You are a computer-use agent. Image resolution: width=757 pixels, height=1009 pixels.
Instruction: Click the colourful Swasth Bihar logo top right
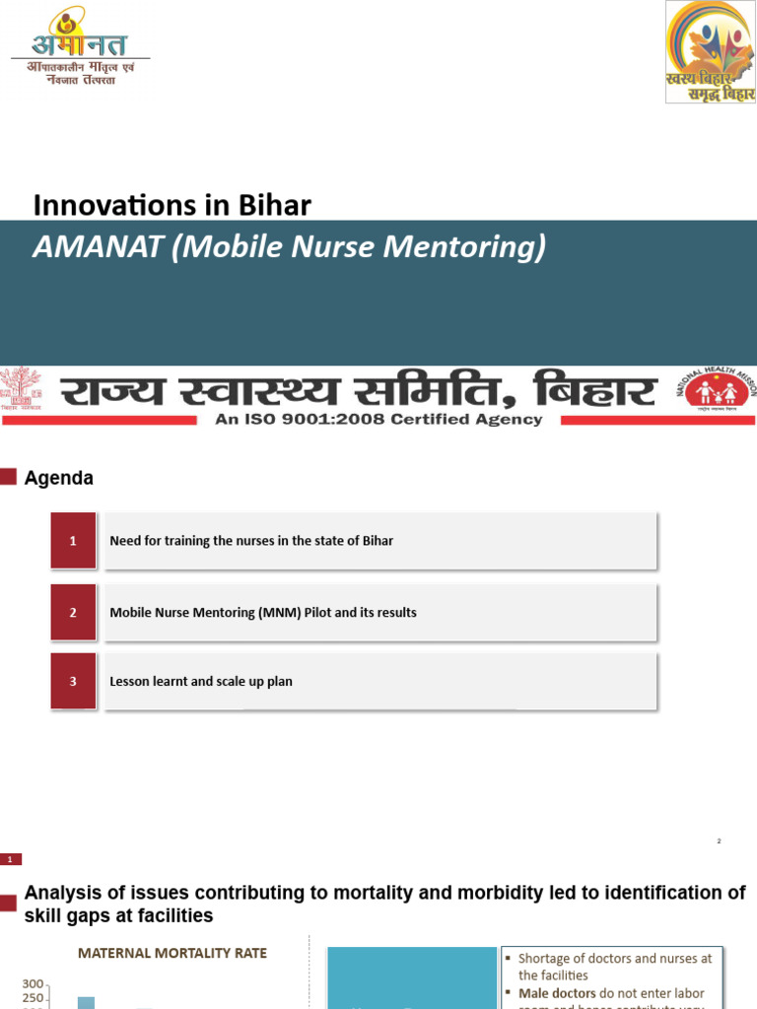click(710, 52)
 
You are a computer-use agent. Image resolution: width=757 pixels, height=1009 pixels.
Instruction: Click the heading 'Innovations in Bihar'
click(172, 205)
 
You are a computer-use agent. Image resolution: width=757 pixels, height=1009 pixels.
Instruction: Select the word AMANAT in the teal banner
click(98, 246)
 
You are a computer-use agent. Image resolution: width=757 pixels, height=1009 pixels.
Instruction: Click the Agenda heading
click(59, 478)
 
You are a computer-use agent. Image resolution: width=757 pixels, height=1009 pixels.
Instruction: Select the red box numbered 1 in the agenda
click(73, 541)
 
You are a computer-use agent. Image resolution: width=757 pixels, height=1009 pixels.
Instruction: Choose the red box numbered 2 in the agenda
click(73, 612)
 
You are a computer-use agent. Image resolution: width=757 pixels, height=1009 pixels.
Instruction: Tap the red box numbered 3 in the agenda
click(73, 681)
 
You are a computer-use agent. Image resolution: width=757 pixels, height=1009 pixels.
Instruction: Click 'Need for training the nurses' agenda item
click(251, 541)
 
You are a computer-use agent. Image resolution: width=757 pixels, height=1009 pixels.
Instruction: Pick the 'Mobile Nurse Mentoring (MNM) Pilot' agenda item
click(263, 612)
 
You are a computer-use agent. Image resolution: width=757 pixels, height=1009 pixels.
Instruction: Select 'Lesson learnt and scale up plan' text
click(201, 681)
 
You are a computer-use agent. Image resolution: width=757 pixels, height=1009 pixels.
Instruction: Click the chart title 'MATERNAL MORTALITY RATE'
click(172, 953)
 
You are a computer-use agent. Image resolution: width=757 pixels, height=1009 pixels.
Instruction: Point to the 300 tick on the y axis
click(33, 984)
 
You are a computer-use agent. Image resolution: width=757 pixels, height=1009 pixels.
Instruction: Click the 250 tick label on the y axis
click(33, 998)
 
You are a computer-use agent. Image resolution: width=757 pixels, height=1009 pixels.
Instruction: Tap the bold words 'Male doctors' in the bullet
click(557, 993)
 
